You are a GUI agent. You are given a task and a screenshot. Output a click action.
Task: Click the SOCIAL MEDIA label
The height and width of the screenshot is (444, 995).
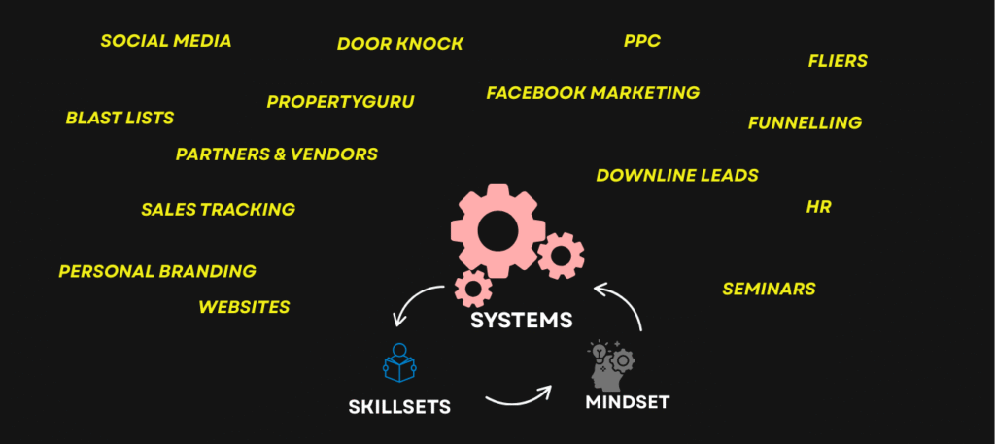(x=166, y=41)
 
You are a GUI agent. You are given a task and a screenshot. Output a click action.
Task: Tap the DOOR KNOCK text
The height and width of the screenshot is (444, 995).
(x=400, y=44)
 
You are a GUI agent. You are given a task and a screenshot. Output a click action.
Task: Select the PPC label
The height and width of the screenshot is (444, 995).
(x=642, y=41)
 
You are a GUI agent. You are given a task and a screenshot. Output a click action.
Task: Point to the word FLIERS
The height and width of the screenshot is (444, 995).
(x=838, y=61)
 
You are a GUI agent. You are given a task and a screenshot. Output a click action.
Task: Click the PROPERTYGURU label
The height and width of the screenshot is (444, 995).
(x=340, y=102)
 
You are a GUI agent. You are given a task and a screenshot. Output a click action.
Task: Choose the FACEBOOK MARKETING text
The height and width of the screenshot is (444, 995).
(x=593, y=93)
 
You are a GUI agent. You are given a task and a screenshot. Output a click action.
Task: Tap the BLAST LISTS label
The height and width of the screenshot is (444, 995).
(x=120, y=118)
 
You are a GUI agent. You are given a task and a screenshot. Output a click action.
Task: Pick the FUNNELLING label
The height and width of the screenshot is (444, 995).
(x=805, y=122)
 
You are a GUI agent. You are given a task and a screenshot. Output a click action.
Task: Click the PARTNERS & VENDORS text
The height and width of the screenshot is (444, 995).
(x=277, y=154)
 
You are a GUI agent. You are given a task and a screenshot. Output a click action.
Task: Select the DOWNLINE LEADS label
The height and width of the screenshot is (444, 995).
(x=677, y=176)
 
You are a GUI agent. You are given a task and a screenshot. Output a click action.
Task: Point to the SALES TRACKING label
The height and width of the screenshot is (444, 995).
(x=218, y=209)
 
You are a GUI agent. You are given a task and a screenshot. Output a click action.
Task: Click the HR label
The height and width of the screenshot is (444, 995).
(x=818, y=207)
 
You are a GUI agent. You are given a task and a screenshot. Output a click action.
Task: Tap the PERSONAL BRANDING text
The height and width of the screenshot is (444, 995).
(x=157, y=272)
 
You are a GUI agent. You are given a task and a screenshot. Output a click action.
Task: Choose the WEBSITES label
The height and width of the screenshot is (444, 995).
(x=244, y=307)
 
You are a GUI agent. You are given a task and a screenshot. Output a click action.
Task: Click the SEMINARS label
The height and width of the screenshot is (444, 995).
(x=769, y=289)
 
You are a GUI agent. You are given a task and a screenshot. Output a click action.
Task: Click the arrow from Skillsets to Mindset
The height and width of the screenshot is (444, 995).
(x=518, y=394)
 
